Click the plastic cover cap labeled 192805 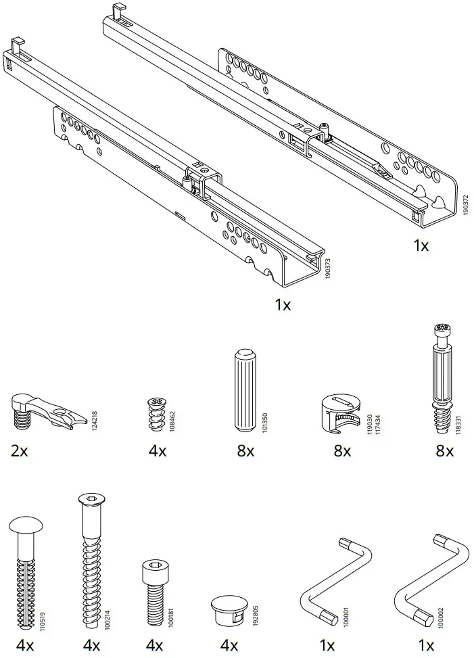click(229, 609)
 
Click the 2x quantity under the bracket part click(20, 450)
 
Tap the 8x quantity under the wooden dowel click(245, 450)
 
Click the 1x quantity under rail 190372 click(421, 245)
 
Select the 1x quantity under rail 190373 click(283, 305)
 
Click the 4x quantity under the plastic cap click(230, 645)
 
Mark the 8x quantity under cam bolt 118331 click(444, 450)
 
